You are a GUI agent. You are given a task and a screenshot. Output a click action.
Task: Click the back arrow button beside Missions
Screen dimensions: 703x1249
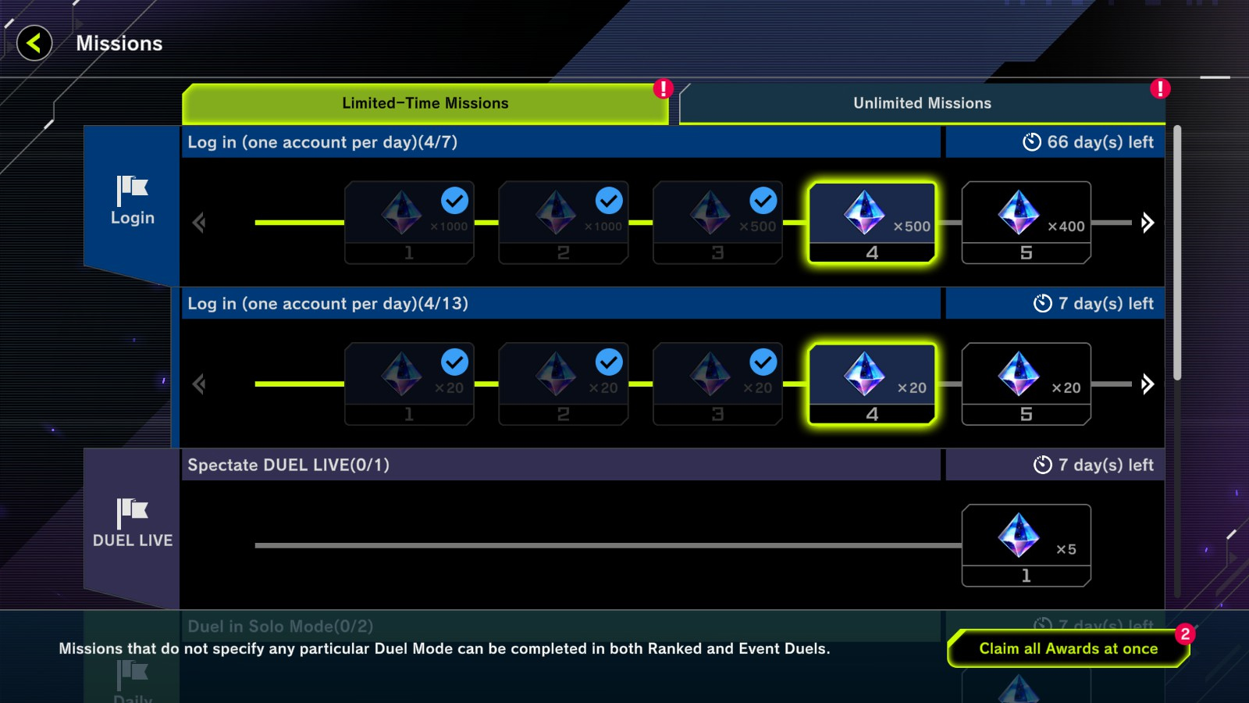[x=34, y=43]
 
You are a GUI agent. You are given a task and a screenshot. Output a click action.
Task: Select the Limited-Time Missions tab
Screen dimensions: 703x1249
[x=425, y=104]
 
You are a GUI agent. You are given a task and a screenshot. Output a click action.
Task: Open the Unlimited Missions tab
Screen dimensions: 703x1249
[x=921, y=104]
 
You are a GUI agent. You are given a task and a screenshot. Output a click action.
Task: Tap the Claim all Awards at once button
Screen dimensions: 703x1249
[x=1068, y=648]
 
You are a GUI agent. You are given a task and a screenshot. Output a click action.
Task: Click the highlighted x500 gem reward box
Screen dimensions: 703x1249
[x=872, y=223]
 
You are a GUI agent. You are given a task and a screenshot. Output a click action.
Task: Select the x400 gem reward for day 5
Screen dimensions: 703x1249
[x=1026, y=223]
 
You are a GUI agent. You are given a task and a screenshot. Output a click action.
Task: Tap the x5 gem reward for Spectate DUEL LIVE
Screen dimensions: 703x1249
[x=1026, y=545]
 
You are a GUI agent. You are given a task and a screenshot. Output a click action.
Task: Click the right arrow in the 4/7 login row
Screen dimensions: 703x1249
[x=1147, y=223]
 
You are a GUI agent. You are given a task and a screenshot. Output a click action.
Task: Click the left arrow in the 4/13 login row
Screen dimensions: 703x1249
[x=199, y=384]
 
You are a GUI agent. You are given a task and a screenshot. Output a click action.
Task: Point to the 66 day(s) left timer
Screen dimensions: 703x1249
[x=1088, y=142]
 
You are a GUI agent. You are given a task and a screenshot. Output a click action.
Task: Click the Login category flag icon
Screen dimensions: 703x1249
[x=132, y=189]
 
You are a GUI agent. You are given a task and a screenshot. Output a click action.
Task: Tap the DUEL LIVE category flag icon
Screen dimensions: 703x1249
[x=132, y=512]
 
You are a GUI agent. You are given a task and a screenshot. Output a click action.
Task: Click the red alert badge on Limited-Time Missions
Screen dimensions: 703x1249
[x=664, y=88]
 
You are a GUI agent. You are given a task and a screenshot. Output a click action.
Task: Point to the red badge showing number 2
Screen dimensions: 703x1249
[x=1185, y=633]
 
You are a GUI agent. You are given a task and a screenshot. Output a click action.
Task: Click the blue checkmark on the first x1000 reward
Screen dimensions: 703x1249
[x=454, y=201]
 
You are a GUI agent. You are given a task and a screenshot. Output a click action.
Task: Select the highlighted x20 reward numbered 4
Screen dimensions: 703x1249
[x=872, y=384]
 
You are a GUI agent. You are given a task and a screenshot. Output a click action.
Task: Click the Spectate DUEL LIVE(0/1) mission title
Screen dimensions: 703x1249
[x=288, y=465]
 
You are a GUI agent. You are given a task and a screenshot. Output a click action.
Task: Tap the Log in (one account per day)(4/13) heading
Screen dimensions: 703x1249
[x=328, y=304]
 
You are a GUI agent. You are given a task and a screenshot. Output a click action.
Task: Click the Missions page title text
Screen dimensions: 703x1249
[x=119, y=44]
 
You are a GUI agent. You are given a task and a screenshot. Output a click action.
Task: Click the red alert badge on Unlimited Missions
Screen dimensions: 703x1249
[x=1160, y=88]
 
